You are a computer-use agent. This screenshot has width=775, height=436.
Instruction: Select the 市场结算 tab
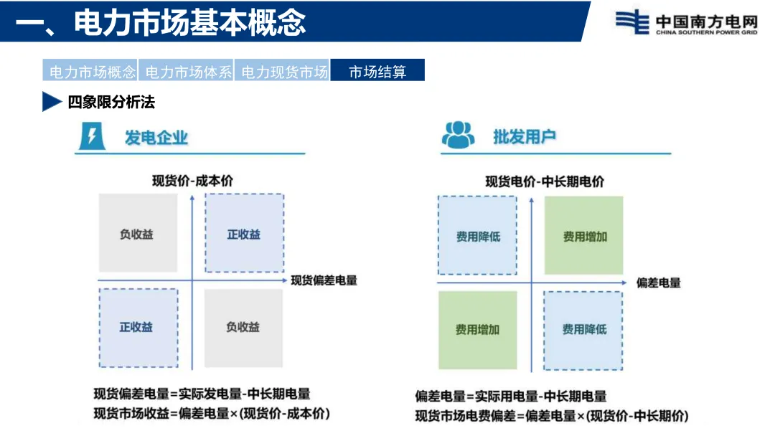pos(377,71)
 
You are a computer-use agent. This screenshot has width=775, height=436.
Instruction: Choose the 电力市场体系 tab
pos(186,71)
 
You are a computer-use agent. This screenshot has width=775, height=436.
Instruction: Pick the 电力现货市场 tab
pos(282,71)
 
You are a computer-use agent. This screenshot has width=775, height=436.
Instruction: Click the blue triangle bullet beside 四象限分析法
pos(52,102)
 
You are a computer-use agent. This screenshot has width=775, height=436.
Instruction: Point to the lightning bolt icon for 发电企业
pos(91,136)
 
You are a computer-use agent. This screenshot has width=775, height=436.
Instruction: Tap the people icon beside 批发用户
pos(458,136)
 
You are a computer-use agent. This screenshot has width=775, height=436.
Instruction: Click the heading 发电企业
pos(156,137)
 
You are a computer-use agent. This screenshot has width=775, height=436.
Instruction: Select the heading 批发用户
pos(525,137)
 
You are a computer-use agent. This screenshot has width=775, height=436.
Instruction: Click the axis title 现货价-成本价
pos(192,181)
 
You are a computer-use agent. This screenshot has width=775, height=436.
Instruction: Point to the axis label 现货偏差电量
pos(324,280)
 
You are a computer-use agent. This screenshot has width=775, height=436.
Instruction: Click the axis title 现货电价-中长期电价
pos(545,181)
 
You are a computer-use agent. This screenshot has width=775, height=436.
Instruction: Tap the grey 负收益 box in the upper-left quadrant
pos(137,233)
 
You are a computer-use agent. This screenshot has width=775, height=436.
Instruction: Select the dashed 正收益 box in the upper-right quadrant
pos(244,233)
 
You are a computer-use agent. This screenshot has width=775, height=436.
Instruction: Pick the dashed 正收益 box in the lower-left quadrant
pos(138,328)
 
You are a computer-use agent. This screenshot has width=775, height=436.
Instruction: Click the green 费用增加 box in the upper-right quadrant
pos(584,235)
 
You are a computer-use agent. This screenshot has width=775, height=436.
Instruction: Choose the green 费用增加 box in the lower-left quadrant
pos(477,330)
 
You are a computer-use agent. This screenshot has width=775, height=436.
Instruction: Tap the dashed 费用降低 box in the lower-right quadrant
pos(583,330)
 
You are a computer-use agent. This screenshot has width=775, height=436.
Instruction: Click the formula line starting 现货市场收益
pos(212,414)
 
